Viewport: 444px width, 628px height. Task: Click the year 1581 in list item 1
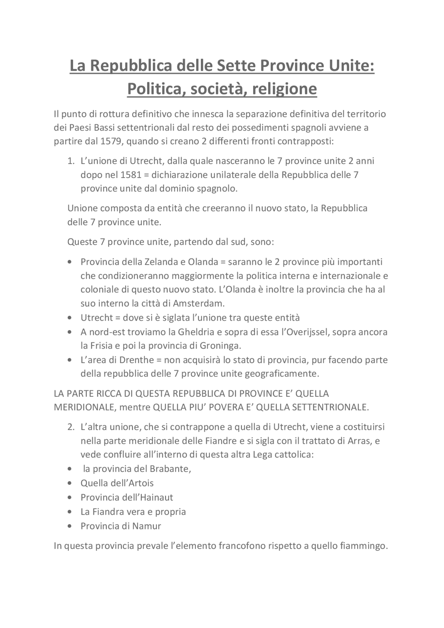(x=131, y=175)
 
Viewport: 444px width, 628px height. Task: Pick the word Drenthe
(x=136, y=360)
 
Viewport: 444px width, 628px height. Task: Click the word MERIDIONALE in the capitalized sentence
(x=85, y=407)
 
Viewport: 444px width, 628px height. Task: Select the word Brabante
(x=170, y=469)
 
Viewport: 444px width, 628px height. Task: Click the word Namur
(x=146, y=526)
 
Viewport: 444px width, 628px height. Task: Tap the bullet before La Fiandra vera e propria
(x=70, y=512)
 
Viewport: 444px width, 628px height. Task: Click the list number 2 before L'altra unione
(x=71, y=427)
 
